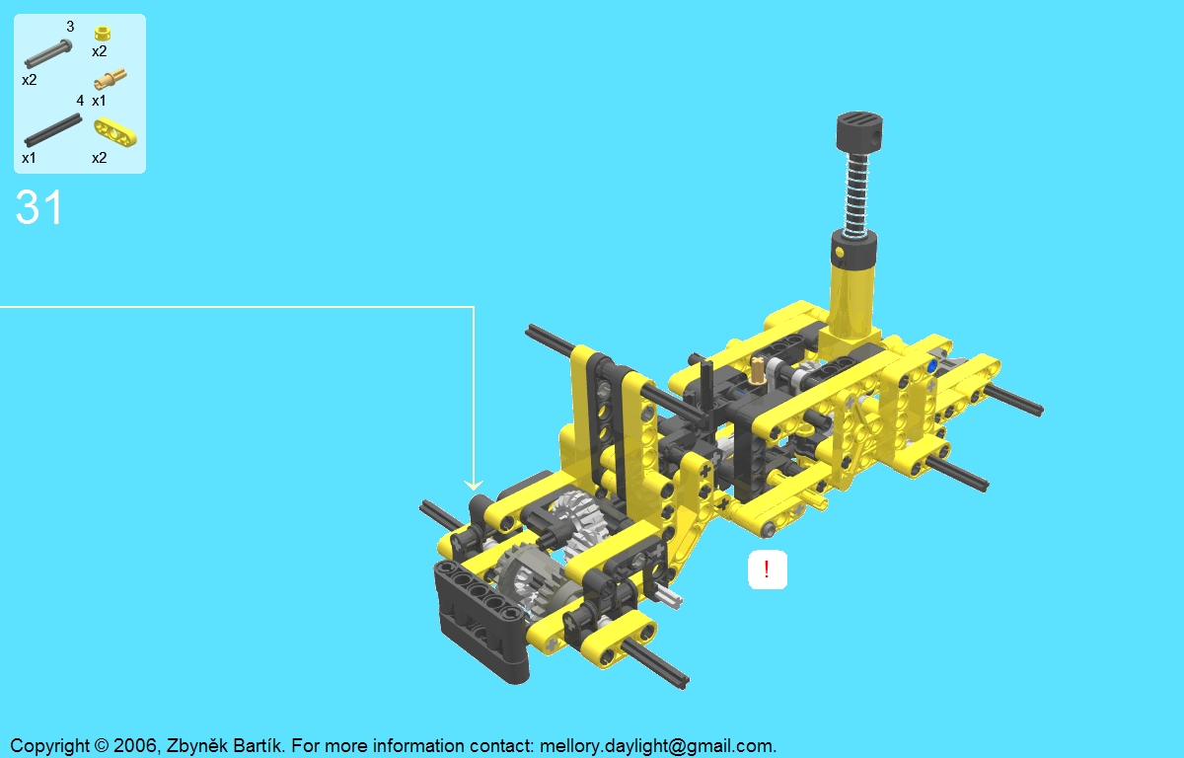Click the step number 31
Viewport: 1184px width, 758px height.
tap(39, 207)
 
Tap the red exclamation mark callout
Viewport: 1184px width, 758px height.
tap(767, 569)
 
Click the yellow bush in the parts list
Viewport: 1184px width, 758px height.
tap(102, 34)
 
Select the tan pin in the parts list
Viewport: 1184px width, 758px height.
tap(110, 79)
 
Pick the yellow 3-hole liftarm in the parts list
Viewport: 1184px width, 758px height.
tap(115, 131)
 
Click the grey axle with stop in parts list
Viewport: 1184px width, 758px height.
tap(48, 53)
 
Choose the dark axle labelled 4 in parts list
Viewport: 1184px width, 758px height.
tap(53, 130)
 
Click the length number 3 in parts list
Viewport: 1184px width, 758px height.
tap(70, 27)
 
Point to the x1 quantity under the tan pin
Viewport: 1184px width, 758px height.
tap(99, 101)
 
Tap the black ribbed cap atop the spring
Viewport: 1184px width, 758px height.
tap(859, 132)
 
